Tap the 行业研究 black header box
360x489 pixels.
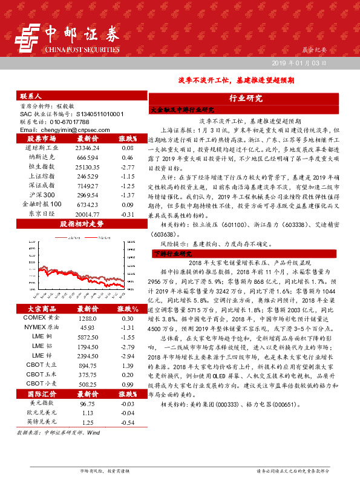(246, 98)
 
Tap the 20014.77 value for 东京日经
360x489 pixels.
(87, 214)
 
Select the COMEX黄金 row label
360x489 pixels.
(43, 318)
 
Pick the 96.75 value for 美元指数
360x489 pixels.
(87, 402)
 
